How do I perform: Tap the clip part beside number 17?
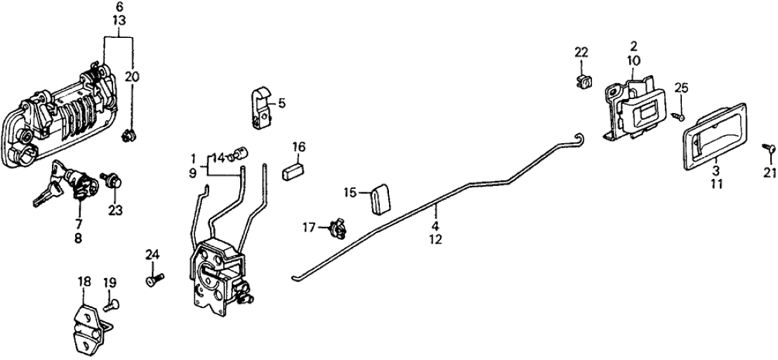(336, 227)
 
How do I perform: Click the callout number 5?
(282, 103)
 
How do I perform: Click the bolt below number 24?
(154, 280)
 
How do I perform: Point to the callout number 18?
(84, 281)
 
